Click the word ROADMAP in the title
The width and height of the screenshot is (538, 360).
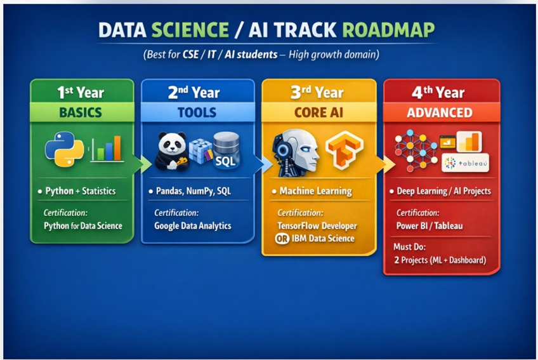388,30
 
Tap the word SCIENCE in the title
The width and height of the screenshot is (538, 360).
190,30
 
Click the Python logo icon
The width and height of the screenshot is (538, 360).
65,149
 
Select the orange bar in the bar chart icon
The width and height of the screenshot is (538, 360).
117,148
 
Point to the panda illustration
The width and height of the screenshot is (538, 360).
172,152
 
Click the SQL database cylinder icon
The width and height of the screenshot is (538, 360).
226,150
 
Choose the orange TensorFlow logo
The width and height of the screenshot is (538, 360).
344,149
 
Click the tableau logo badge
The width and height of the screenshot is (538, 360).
465,163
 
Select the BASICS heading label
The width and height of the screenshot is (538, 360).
81,112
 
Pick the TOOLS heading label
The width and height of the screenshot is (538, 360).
197,112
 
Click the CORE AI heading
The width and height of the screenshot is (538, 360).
318,112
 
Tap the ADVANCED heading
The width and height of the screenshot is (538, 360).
440,112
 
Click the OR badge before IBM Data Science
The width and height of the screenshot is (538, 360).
282,238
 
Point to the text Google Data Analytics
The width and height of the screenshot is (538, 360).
192,225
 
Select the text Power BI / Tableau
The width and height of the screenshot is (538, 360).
430,225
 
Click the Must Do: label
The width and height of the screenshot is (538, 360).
409,246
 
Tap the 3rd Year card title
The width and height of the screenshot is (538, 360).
317,93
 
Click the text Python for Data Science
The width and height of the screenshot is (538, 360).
83,225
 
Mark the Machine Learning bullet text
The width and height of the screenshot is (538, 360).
316,191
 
